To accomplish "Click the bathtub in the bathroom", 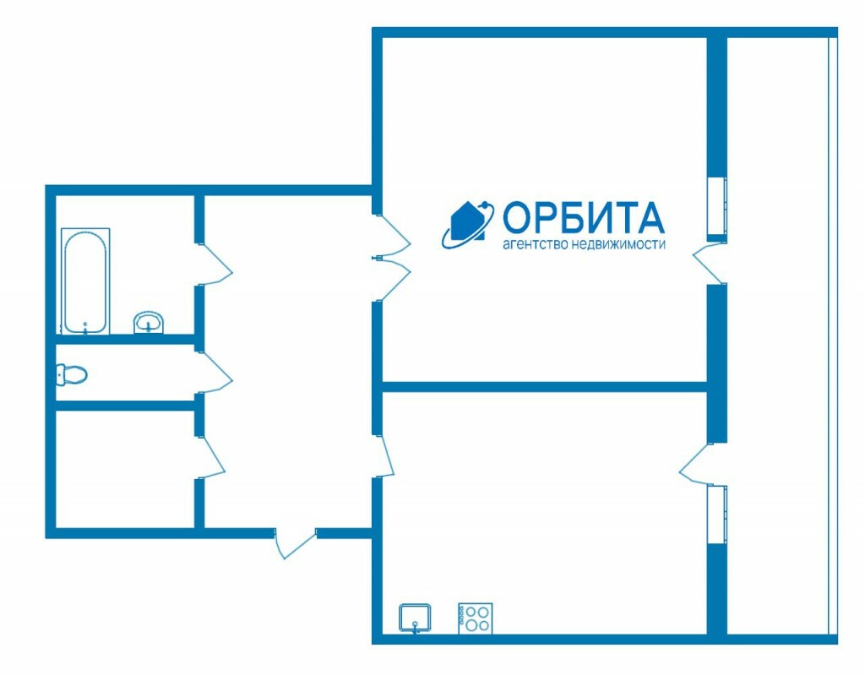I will point(85,281).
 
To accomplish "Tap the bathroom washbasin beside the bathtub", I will point(150,322).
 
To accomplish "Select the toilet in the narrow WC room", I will point(72,373).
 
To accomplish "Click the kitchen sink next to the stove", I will point(416,617).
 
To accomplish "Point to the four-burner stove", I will point(476,618).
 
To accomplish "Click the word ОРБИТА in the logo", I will point(583,218).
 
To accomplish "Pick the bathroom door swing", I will point(215,264).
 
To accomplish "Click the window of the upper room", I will point(716,207).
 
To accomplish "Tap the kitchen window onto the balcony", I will point(716,514).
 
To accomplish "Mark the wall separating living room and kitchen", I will point(545,387).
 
